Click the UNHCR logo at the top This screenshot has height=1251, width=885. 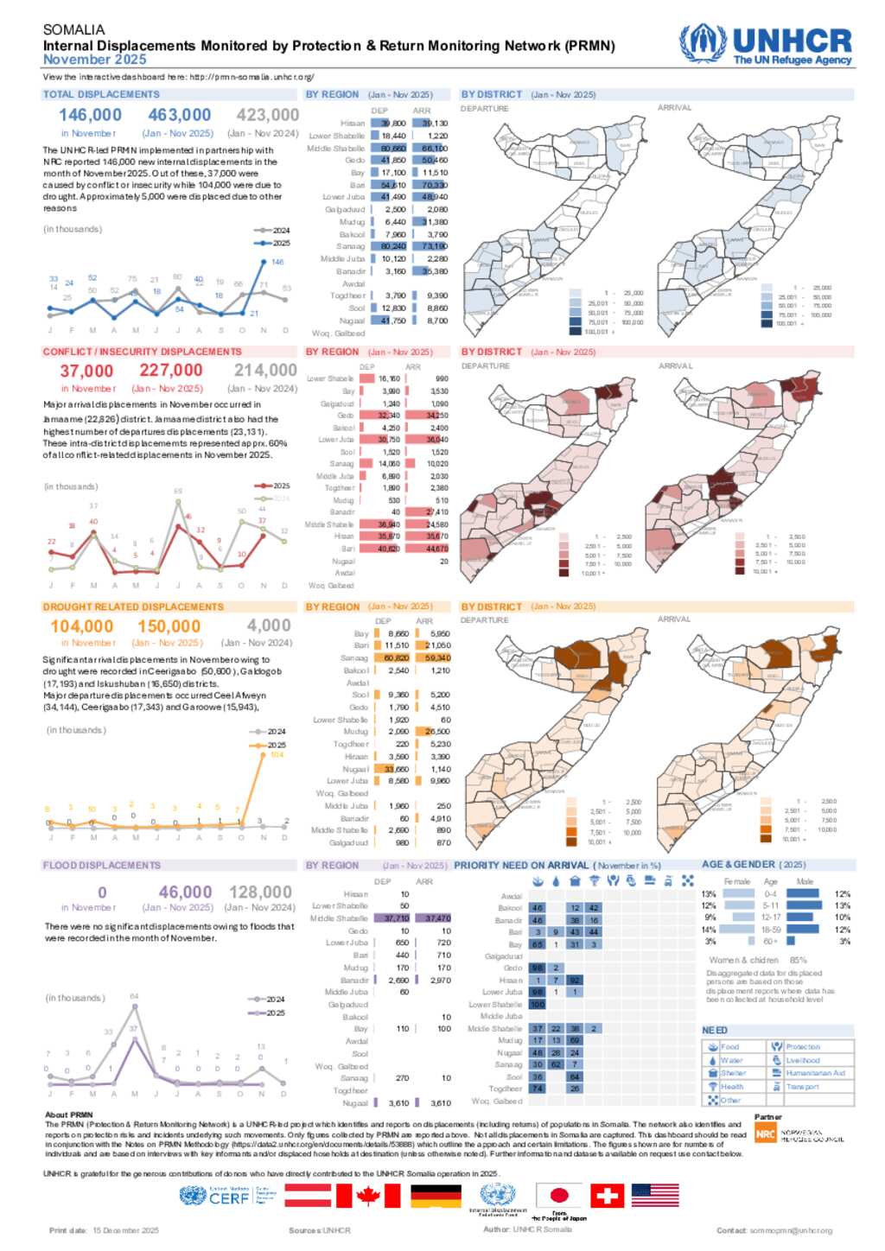[766, 44]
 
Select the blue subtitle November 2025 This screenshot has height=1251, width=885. [95, 60]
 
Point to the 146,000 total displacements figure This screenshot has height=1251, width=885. [90, 115]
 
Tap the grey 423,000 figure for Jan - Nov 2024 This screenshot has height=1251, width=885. [267, 115]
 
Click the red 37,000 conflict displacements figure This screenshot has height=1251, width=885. [86, 371]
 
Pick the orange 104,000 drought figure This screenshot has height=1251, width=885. [81, 626]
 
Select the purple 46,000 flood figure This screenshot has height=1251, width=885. [185, 892]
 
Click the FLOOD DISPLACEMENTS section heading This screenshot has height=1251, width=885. [102, 865]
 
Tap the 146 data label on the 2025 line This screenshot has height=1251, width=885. [277, 262]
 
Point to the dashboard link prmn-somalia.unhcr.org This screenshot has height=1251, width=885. [251, 77]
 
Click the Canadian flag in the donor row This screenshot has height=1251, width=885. [368, 1196]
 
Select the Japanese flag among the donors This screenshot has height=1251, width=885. [559, 1196]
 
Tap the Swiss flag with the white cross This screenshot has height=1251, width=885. [607, 1196]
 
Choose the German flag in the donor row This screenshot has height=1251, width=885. [436, 1196]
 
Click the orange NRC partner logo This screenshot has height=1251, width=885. [766, 1134]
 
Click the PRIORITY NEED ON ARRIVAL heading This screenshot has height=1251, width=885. [521, 865]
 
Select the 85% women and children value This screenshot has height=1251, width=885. [798, 960]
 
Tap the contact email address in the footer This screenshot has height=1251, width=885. [791, 1230]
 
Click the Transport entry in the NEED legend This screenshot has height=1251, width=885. [802, 1087]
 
